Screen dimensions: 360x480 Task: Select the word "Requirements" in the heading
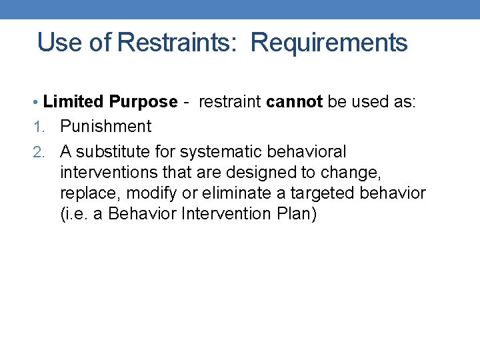pyautogui.click(x=329, y=43)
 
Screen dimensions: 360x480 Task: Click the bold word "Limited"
pyautogui.click(x=73, y=102)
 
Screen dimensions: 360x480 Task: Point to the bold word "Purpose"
pyautogui.click(x=143, y=102)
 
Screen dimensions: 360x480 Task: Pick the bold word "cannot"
pyautogui.click(x=294, y=102)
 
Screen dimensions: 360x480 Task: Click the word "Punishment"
pyautogui.click(x=106, y=126)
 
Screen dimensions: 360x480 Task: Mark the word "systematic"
pyautogui.click(x=215, y=151)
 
